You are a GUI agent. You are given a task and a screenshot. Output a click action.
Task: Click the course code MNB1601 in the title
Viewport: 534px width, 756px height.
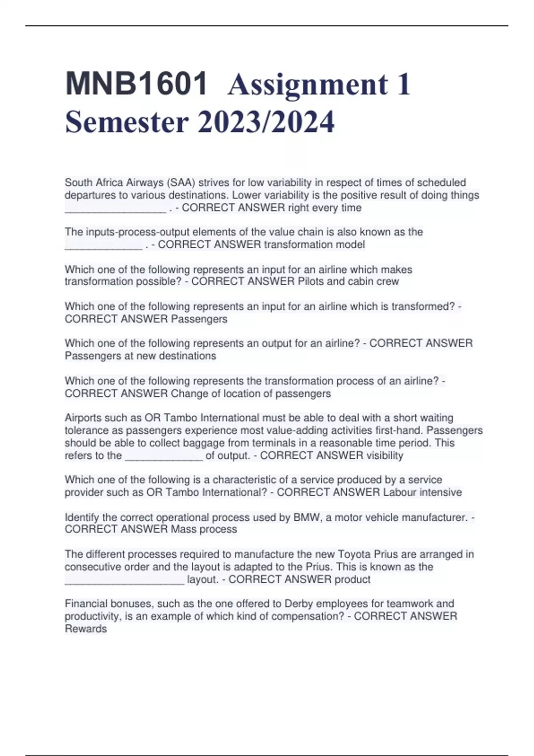click(x=136, y=84)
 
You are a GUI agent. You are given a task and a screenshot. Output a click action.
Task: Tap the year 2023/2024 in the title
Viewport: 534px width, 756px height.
click(x=266, y=122)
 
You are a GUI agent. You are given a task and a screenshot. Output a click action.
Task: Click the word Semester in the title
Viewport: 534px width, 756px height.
click(x=127, y=122)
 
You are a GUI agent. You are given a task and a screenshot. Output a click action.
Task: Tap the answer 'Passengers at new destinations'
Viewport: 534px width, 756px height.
click(x=141, y=356)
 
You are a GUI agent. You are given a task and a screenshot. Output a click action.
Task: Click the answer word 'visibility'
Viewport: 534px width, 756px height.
click(x=385, y=455)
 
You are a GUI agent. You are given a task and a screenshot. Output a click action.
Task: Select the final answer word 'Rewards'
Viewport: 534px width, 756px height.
click(x=86, y=629)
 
